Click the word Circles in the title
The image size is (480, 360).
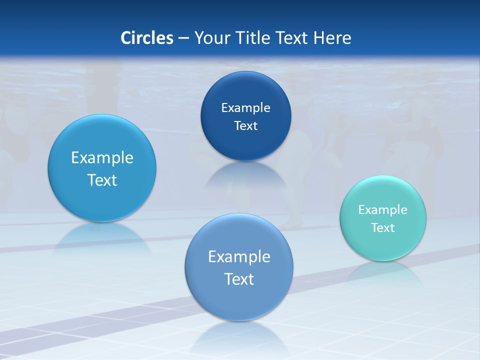146,38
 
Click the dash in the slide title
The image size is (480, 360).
183,38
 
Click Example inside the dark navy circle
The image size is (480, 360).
245,107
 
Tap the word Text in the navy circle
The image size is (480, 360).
245,125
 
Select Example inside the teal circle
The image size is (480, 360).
383,209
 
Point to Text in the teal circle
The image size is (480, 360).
383,227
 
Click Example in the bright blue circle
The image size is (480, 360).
102,157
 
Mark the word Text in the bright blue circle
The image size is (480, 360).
102,180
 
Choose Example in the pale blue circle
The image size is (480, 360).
239,256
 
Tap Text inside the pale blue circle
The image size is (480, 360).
239,279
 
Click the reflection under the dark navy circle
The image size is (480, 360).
245,175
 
